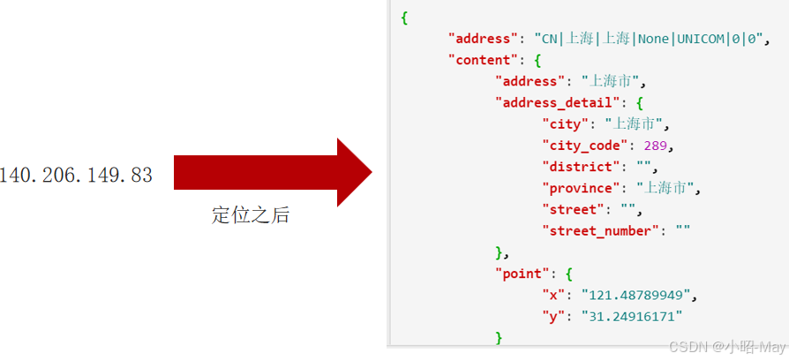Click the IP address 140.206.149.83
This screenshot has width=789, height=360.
(76, 176)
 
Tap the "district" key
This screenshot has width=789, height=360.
(582, 166)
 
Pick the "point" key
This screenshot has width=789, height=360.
(524, 274)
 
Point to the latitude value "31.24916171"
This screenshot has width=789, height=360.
(631, 316)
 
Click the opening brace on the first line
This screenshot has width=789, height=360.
(404, 18)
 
